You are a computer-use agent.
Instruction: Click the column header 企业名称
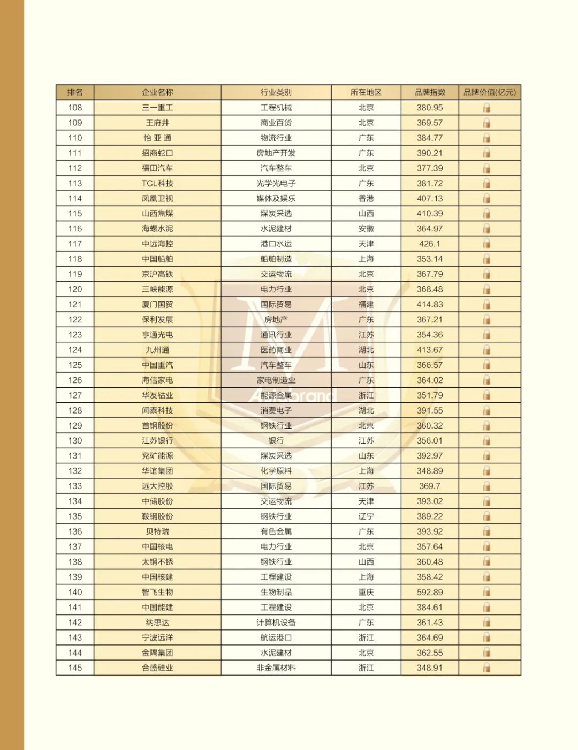coord(157,92)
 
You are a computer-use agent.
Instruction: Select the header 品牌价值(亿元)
coord(489,92)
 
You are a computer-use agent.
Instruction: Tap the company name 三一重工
coord(157,108)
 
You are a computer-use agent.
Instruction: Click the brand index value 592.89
coord(430,592)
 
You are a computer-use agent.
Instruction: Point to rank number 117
coord(75,244)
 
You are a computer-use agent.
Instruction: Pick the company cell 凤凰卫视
coord(157,198)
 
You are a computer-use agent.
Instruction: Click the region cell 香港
coord(366,198)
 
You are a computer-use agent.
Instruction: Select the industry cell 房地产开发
coord(276,153)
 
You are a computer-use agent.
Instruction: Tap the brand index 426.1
coord(430,244)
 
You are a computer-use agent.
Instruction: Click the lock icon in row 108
coord(486,108)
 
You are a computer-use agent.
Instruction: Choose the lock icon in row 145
coord(486,667)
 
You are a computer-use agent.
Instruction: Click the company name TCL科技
coord(157,183)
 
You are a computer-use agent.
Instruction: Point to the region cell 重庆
coord(366,592)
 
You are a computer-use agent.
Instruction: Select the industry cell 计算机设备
coord(276,622)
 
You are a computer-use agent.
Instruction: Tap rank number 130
coord(75,441)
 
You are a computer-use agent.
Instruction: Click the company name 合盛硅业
coord(157,667)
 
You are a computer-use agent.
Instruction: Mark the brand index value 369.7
coord(430,486)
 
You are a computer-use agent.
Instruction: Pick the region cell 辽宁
coord(366,516)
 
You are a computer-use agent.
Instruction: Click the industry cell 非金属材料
coord(276,667)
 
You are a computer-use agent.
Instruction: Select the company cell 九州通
coord(157,350)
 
